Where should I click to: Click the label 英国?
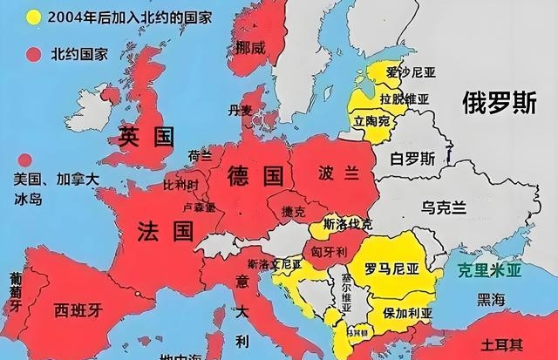click(147, 137)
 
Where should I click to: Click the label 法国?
click(164, 231)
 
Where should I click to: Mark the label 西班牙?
click(78, 309)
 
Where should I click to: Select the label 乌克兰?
click(445, 207)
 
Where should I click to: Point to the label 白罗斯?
click(412, 159)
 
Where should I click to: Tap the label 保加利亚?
click(408, 312)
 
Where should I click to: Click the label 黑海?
click(490, 299)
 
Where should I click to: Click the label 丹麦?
click(239, 110)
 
